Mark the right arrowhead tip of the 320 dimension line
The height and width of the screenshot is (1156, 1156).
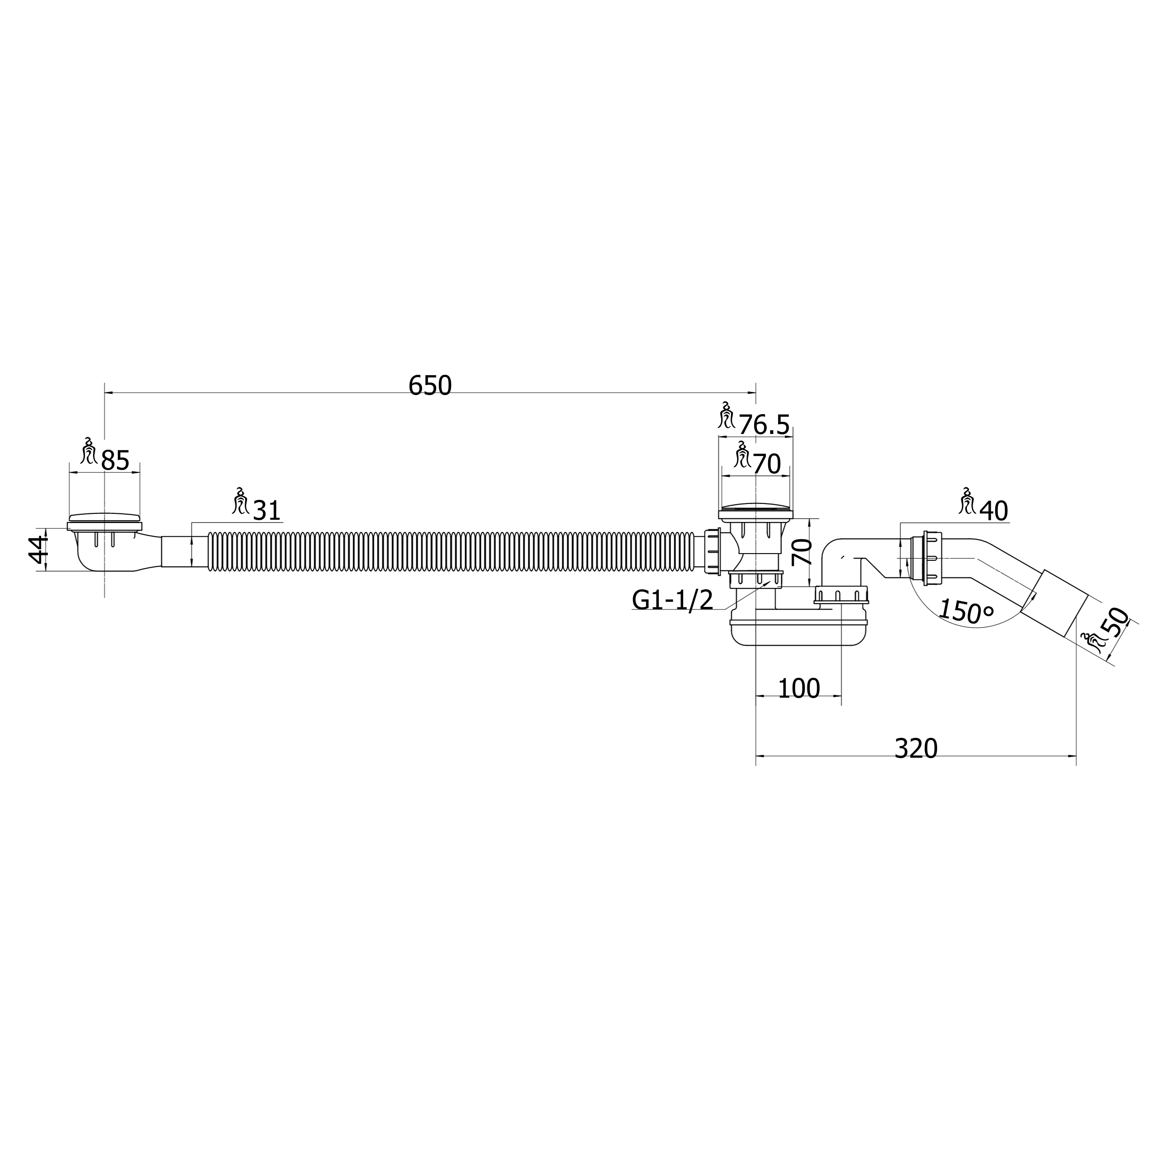click(x=1076, y=756)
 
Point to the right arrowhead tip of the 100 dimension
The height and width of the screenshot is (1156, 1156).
click(x=841, y=696)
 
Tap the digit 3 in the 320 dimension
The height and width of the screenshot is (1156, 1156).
click(x=902, y=749)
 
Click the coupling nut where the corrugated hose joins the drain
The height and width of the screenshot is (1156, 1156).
click(x=713, y=551)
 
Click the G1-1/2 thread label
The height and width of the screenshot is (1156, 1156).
click(x=672, y=600)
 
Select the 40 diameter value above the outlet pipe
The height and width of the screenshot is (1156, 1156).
click(x=994, y=512)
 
